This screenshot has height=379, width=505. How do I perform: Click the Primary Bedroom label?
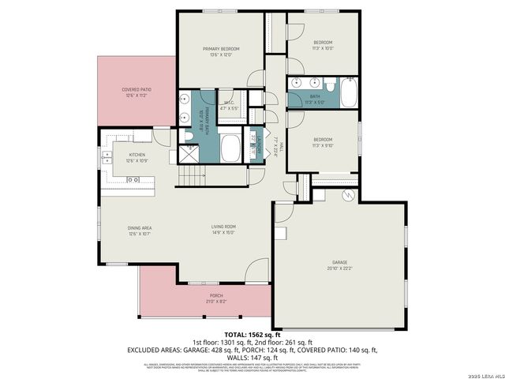tap(220, 52)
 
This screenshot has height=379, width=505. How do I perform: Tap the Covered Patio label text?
tap(137, 92)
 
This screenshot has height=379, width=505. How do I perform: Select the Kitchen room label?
tap(137, 157)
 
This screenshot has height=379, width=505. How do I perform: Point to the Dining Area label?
tap(139, 231)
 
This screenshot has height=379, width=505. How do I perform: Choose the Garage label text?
tap(339, 265)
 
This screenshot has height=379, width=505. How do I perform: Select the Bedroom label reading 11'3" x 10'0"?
tap(323, 44)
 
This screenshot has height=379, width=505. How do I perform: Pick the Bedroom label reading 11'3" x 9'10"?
tap(323, 143)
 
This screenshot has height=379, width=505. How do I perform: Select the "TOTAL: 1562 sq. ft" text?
tap(252, 334)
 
